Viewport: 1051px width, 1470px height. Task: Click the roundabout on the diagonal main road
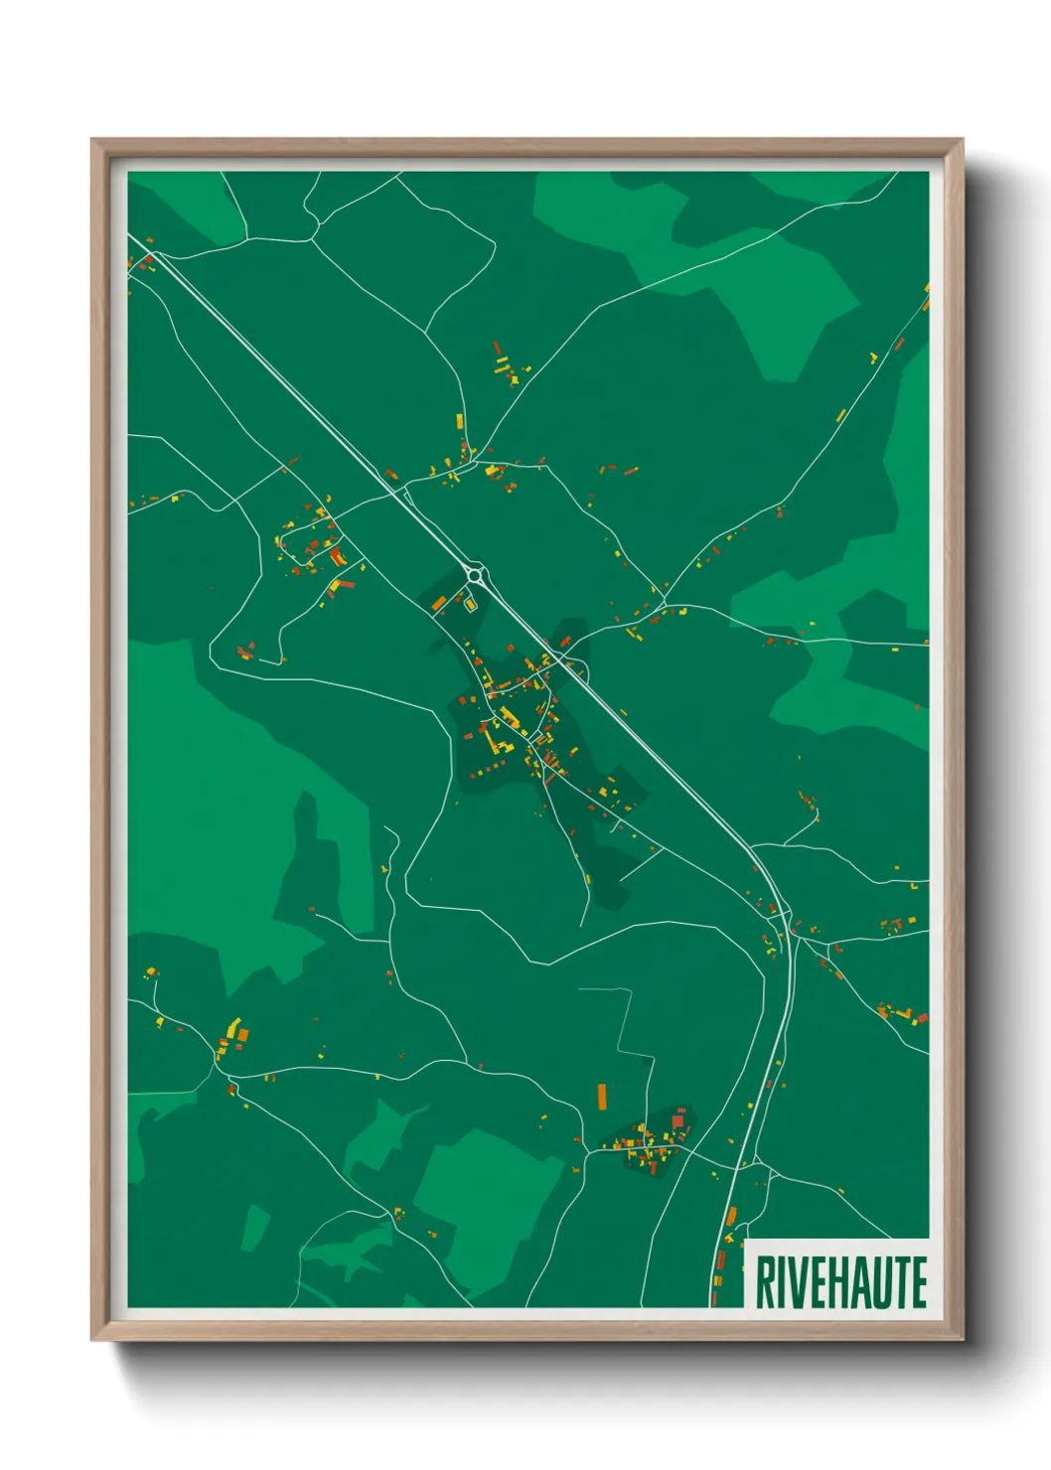coord(476,575)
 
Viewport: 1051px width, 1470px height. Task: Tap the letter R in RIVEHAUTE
coord(766,1282)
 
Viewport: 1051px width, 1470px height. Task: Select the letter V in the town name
coord(799,1282)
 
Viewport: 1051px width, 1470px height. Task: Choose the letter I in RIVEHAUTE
coord(782,1282)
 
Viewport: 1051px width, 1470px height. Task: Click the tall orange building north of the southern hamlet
coord(602,1097)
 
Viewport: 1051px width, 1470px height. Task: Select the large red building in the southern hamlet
coord(678,1122)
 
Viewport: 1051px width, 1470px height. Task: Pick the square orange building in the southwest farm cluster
coord(243,1035)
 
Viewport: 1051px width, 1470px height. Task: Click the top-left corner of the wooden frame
coord(92,140)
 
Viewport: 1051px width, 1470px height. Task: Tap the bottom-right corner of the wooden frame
coord(963,1340)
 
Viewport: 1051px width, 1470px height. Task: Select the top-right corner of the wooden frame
coord(963,140)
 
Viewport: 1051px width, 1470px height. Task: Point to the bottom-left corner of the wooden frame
coord(92,1340)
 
